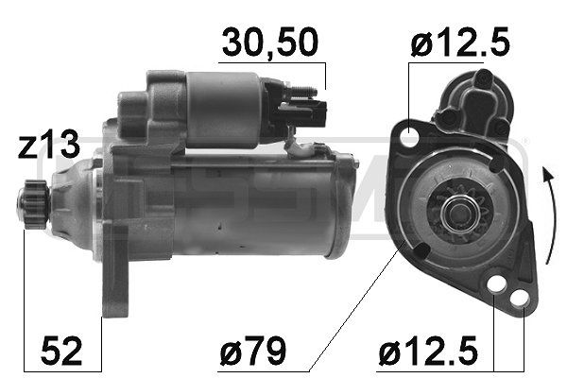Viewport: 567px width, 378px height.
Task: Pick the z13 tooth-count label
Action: [x=43, y=146]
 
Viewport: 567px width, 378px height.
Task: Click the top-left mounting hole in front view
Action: [x=410, y=138]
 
